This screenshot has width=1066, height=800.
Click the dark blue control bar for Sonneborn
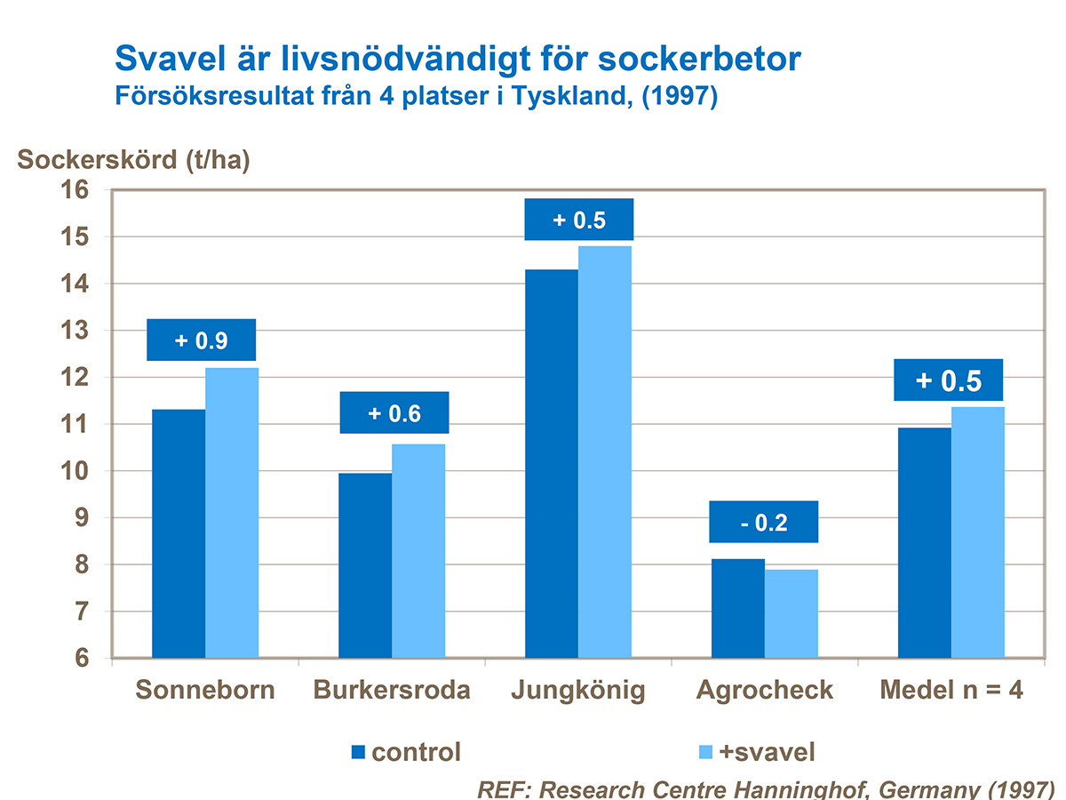[179, 533]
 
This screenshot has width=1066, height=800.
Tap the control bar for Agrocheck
[738, 609]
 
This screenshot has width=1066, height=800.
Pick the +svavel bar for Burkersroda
[418, 551]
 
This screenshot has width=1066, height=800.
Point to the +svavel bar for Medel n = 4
[978, 532]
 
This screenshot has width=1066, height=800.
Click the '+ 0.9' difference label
[201, 340]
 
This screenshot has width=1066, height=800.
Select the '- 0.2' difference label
[763, 522]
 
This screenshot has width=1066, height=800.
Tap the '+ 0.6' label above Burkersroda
[394, 412]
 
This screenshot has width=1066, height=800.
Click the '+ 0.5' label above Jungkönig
[578, 220]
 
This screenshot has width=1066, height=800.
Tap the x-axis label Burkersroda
[392, 690]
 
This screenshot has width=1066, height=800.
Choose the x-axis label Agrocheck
[765, 690]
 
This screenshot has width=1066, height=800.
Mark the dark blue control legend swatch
[358, 752]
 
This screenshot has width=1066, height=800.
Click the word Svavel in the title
[171, 59]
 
